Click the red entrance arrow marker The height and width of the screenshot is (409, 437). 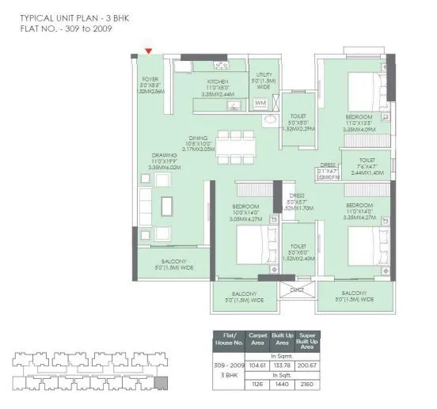click(148, 52)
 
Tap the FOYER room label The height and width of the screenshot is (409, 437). click(150, 79)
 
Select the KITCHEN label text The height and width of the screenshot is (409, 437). click(218, 81)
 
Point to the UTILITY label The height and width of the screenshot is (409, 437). click(264, 74)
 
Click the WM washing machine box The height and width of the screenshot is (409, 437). click(260, 103)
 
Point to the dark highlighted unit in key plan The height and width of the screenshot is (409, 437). click(161, 384)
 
